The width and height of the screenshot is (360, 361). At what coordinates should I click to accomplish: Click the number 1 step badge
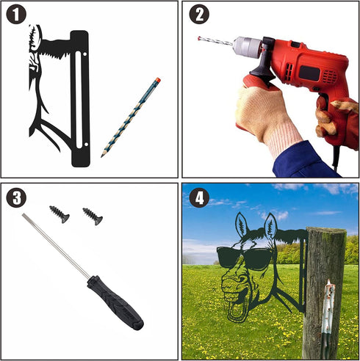coord(16,14)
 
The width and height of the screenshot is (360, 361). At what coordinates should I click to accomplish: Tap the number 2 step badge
coord(199,14)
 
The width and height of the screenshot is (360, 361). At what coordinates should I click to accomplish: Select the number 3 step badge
coord(16,198)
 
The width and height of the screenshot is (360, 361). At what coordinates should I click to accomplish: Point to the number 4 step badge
coord(199,198)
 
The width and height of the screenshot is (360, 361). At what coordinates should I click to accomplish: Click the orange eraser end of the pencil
coord(158,80)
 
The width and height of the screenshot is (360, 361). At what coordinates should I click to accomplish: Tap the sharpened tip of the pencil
coord(101,156)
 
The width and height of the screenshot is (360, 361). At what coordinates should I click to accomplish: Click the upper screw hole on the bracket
coord(85,54)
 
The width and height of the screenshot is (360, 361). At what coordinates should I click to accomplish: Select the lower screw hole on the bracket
coord(86,145)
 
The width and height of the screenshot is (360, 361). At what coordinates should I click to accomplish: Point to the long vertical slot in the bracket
coord(79,100)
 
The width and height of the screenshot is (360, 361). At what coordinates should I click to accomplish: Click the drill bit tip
coord(198,38)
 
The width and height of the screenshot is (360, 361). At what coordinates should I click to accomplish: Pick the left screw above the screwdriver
coord(60,214)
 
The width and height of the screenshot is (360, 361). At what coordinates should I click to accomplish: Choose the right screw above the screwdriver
coord(93,216)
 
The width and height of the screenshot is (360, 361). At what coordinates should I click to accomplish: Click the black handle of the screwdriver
coord(115,303)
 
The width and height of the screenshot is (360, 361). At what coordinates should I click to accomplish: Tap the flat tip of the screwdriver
coord(24,215)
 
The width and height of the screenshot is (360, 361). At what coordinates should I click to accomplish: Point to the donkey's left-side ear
coord(241,225)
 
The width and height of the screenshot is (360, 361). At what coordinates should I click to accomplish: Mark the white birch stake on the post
coord(328,318)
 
